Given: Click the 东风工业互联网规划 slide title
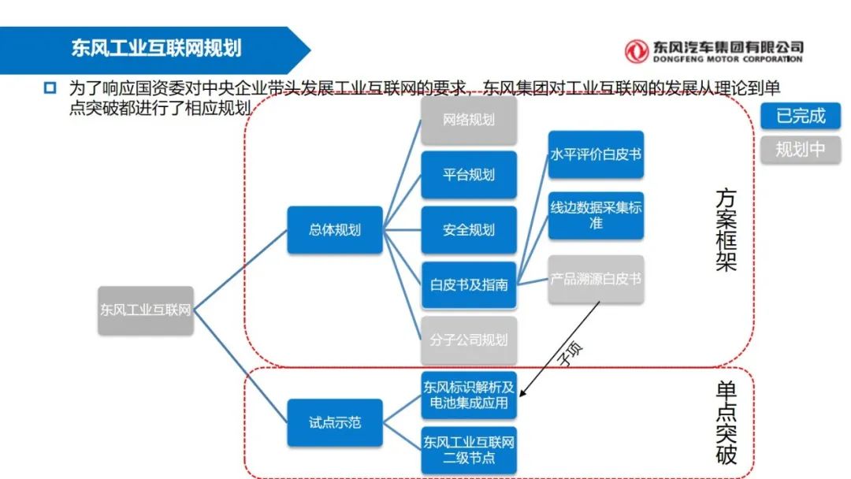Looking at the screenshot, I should coord(156,49).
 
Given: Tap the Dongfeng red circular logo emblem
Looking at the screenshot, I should coord(636,51).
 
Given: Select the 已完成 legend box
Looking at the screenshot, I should coord(800,116).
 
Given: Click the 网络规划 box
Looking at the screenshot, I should coord(469,121).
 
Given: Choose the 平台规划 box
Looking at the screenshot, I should coord(469,175).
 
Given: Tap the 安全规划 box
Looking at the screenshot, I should coord(469,230).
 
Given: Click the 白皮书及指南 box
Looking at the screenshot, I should coord(469,284).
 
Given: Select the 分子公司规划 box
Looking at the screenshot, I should coord(469,340).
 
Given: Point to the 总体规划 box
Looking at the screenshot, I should coord(335,230).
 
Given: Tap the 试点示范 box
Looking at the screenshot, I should coord(335,422).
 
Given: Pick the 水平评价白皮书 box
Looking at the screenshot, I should coord(596,154).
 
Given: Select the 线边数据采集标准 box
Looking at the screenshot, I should coord(596,216).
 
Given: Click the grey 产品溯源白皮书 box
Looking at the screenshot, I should coord(596,279).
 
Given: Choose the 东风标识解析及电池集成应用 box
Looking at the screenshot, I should coord(469,395).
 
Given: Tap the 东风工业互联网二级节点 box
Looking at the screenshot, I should coord(469,450).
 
